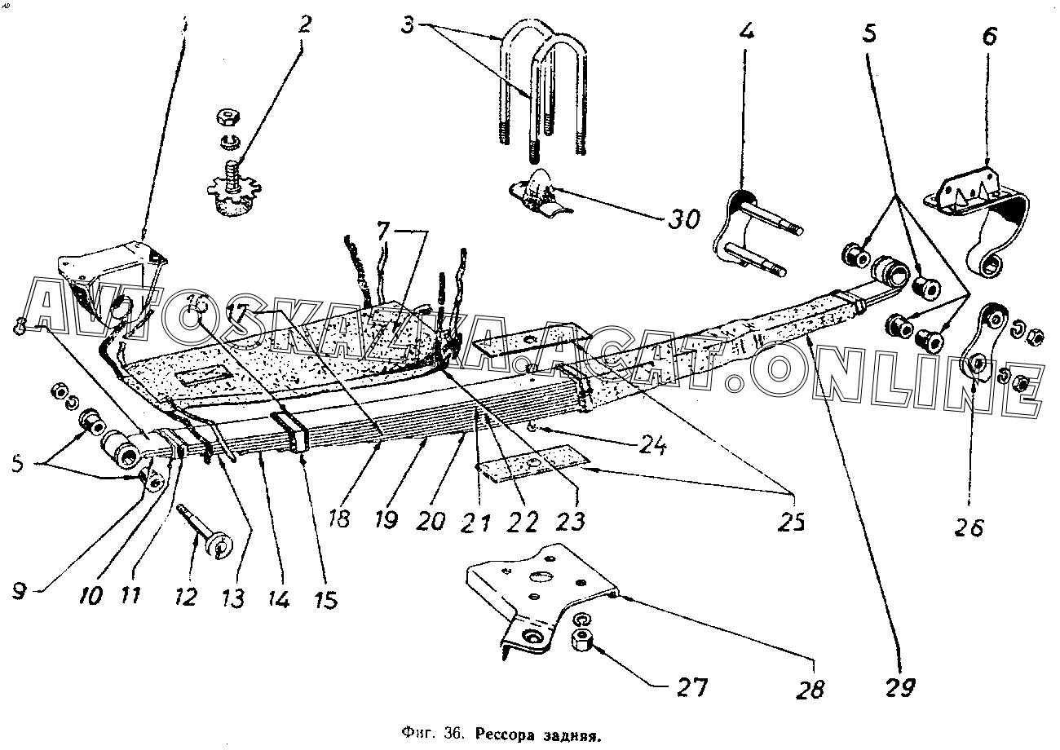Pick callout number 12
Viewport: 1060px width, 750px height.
pos(186,597)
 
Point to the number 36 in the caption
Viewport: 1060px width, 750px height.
pos(454,735)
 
